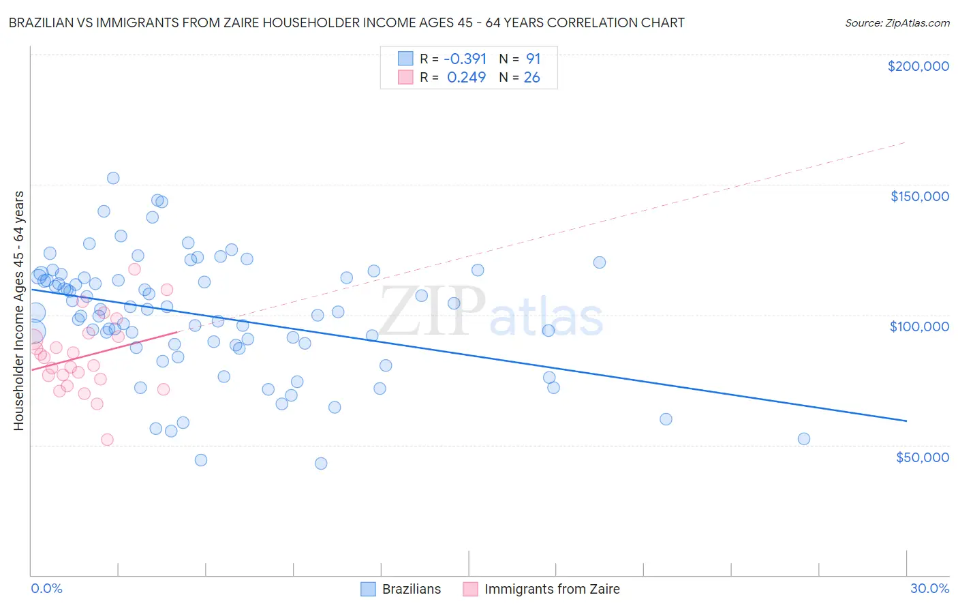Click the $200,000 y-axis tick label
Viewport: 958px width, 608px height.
pyautogui.click(x=918, y=66)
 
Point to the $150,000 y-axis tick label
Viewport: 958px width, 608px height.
pyautogui.click(x=919, y=196)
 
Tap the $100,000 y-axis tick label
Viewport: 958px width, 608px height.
pyautogui.click(x=919, y=326)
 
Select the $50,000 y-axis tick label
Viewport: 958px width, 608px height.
pyautogui.click(x=922, y=457)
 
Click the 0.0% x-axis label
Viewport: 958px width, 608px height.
pyautogui.click(x=46, y=588)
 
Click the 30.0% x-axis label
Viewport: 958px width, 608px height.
pyautogui.click(x=929, y=588)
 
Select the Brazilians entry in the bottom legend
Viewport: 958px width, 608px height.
pyautogui.click(x=401, y=589)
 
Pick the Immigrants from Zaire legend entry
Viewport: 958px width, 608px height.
pyautogui.click(x=542, y=589)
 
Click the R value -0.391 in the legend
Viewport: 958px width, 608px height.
pyautogui.click(x=465, y=59)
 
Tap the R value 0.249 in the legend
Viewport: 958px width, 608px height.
pyautogui.click(x=466, y=78)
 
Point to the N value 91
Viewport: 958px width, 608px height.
pyautogui.click(x=533, y=59)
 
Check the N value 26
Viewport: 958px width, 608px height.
pyautogui.click(x=531, y=78)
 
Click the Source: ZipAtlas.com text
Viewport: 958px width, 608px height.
pyautogui.click(x=897, y=23)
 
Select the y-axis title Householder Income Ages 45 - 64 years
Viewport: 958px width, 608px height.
pyautogui.click(x=18, y=310)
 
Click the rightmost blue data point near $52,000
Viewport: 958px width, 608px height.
pyautogui.click(x=804, y=439)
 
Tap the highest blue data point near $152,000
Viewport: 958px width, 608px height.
pyautogui.click(x=113, y=178)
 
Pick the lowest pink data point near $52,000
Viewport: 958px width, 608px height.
pyautogui.click(x=107, y=440)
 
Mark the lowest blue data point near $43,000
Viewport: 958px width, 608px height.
pyautogui.click(x=321, y=463)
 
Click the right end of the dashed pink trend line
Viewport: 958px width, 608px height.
pyautogui.click(x=906, y=142)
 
